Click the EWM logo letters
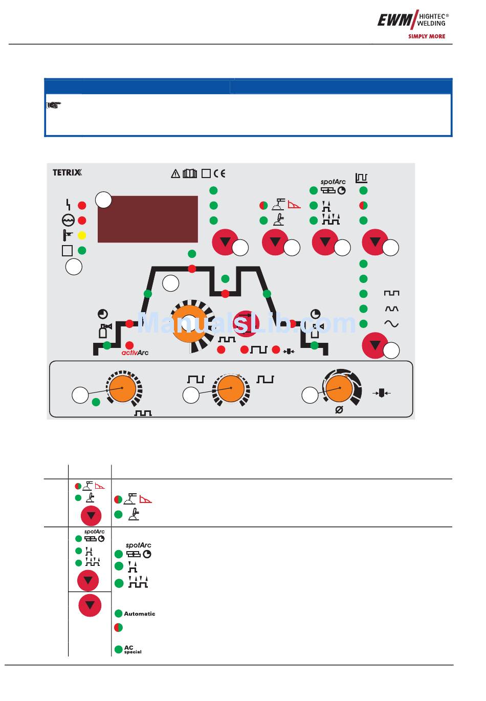(394, 20)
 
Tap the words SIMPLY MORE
(426, 36)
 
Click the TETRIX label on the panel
(67, 172)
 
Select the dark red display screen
(147, 219)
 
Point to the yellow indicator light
(81, 236)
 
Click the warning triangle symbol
(175, 174)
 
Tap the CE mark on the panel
(219, 173)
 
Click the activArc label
(135, 353)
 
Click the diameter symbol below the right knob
(339, 410)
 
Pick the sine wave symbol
(391, 324)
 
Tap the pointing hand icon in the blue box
(54, 105)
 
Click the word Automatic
(140, 614)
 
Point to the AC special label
(132, 649)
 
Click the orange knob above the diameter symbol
(339, 388)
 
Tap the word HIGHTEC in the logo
(431, 16)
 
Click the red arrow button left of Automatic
(90, 605)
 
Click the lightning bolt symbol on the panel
(68, 205)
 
